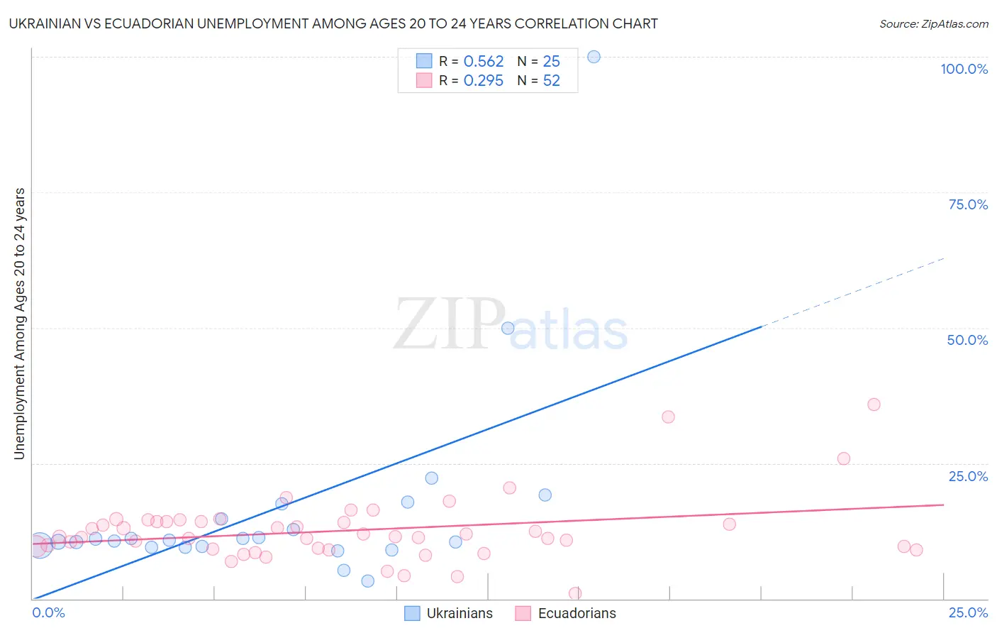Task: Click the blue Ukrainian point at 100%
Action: [x=594, y=57]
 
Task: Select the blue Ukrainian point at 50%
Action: [x=508, y=328]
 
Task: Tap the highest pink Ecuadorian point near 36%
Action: [x=874, y=404]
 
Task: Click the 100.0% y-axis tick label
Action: [x=964, y=69]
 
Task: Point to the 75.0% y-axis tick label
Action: [x=968, y=204]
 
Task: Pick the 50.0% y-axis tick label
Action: [x=967, y=340]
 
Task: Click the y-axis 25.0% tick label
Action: [x=968, y=476]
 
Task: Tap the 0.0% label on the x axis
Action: [x=49, y=612]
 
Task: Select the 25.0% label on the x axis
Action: [x=968, y=612]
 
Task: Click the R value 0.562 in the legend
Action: [x=483, y=62]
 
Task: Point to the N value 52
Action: [x=551, y=81]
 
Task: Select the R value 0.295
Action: [x=483, y=81]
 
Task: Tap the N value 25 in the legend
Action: [x=551, y=62]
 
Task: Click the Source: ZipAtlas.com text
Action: [x=933, y=24]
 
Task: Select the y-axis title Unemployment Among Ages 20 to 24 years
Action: [x=20, y=324]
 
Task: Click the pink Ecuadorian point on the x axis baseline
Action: [x=575, y=593]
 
